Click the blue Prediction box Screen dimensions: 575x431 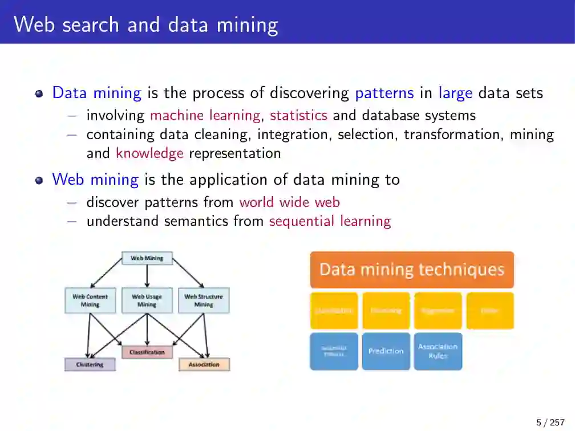386,351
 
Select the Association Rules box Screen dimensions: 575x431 438,351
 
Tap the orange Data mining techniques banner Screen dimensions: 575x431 411,270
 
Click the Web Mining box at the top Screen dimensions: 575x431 147,258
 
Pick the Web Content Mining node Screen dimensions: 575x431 90,300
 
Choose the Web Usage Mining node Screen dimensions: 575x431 147,300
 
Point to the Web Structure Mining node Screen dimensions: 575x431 204,300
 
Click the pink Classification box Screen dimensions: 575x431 147,352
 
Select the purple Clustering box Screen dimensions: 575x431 90,364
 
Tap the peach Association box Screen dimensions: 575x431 204,364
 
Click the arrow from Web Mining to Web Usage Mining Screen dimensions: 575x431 147,276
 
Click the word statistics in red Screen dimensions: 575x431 298,115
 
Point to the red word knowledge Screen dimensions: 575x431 149,153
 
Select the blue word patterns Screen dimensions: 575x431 384,93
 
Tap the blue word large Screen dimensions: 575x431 455,93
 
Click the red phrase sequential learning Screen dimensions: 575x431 330,221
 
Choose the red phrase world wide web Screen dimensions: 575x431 289,202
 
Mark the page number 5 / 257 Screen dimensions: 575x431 550,422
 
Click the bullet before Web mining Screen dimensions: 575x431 39,180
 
